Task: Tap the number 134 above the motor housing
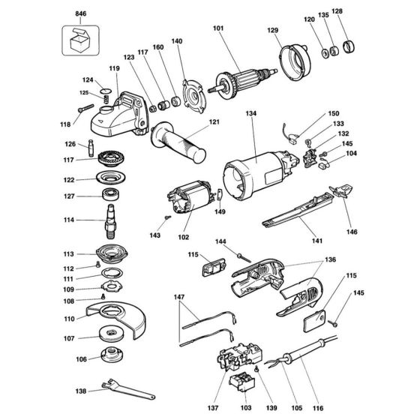[251, 114]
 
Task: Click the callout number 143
[154, 235]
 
